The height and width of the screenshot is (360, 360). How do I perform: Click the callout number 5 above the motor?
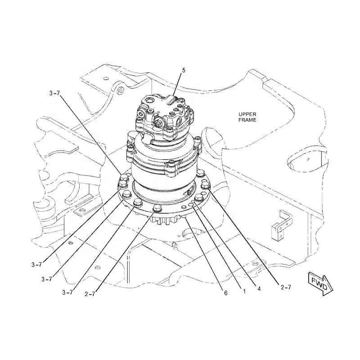(183, 70)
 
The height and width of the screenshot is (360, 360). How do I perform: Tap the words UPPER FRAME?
(247, 118)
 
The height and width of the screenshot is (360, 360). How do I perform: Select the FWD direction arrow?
(320, 282)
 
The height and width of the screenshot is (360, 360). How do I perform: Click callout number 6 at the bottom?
(225, 293)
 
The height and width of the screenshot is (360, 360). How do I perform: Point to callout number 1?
(243, 291)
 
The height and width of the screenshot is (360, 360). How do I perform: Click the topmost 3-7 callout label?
(54, 93)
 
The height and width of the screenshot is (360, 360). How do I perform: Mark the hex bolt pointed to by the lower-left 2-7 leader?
(157, 209)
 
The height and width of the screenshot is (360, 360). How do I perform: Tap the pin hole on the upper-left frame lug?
(120, 92)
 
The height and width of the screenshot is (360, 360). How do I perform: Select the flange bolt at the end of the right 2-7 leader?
(206, 185)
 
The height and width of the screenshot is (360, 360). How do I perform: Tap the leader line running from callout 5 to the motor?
(177, 85)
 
